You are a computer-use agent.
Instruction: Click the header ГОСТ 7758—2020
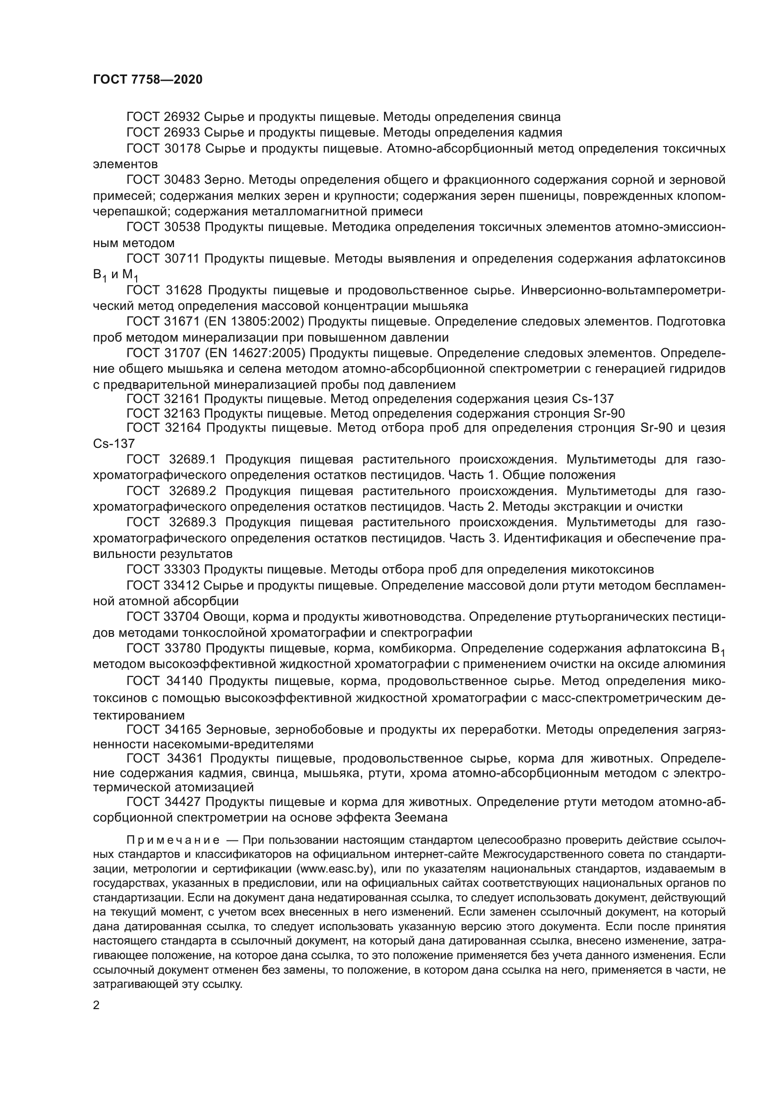[x=148, y=80]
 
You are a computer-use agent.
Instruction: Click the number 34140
[x=186, y=681]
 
